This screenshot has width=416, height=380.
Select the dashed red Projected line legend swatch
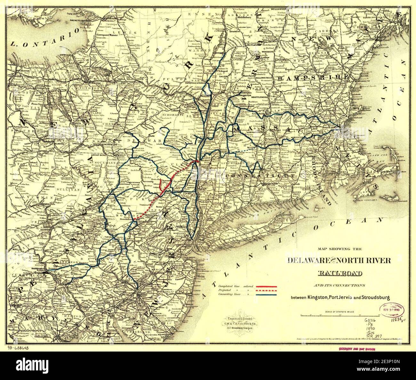pos(266,290)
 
